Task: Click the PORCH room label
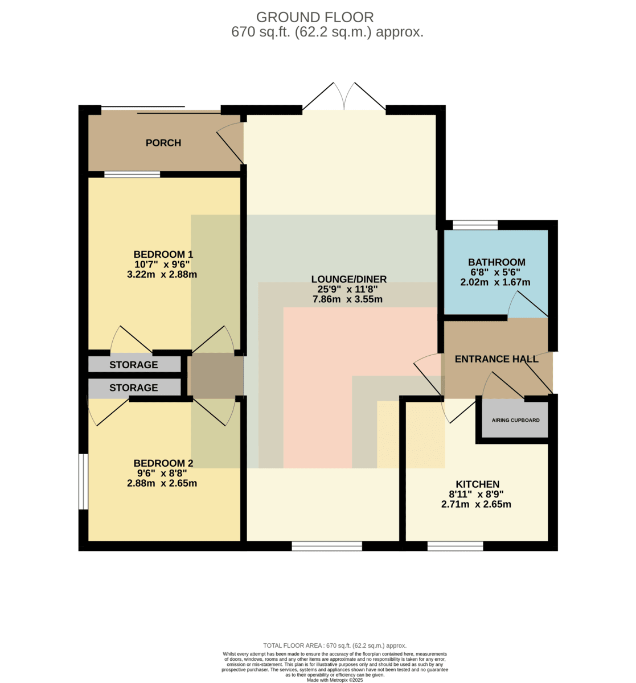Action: pos(163,143)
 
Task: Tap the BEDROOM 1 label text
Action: pos(163,254)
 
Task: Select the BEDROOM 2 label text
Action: pos(163,463)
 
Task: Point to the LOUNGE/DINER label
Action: pos(349,279)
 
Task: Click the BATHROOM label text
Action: pos(497,262)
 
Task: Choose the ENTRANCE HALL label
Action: pos(497,359)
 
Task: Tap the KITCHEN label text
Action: pos(478,484)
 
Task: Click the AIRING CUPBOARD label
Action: pos(515,420)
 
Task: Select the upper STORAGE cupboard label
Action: pos(134,364)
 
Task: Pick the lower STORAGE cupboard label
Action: pos(134,388)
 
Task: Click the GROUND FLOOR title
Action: pos(315,17)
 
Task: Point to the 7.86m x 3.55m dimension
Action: pos(347,299)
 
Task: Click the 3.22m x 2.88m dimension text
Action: pos(162,274)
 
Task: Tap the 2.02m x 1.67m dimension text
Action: pos(495,282)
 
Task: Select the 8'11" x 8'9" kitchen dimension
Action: pos(477,494)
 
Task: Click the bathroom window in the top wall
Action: pos(475,225)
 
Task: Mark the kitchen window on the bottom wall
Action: pos(456,546)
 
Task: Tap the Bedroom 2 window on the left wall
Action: pos(83,482)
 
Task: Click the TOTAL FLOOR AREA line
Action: pos(335,645)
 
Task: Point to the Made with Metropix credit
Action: pos(335,680)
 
